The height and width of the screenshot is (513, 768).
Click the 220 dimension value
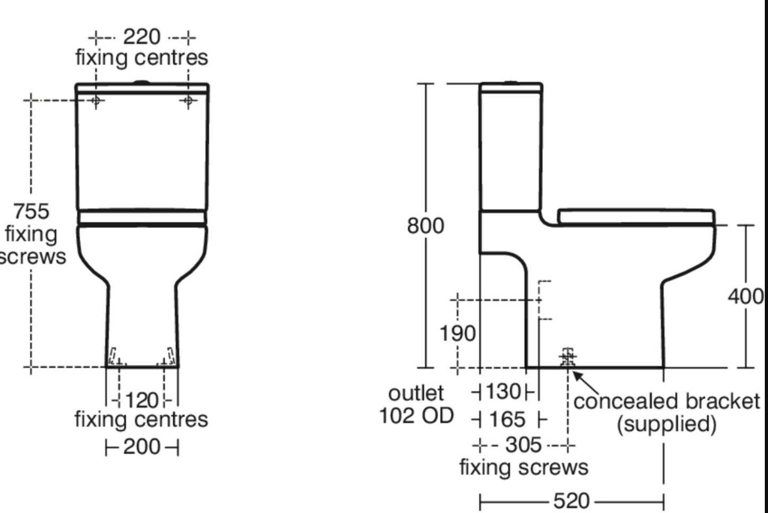pos(141,37)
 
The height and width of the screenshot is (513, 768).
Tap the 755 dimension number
pos(31,211)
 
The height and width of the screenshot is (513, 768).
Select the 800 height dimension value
pos(425,226)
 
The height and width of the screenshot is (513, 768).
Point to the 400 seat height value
pos(745,296)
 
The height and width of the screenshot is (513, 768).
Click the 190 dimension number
pos(457,334)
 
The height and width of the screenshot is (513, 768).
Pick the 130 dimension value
pos(503,392)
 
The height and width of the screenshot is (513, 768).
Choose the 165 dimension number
pos(507,420)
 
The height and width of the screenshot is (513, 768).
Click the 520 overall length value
pos(571,501)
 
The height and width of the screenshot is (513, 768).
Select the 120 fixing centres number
pos(142,400)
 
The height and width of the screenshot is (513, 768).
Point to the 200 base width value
pos(141,447)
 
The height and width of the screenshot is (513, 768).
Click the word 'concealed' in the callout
pos(619,401)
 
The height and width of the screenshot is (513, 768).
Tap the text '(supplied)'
pos(667,424)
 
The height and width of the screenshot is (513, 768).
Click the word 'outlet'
pos(416,394)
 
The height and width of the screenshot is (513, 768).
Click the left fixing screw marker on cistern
pos(96,100)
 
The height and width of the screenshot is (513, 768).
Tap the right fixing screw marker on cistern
pos(188,100)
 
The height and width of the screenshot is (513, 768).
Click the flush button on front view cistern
pos(142,82)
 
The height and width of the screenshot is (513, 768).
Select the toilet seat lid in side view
pos(636,216)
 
